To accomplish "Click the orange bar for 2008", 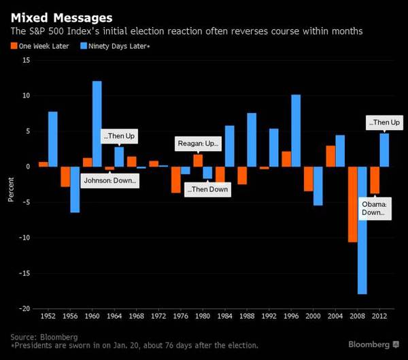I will click(352, 204).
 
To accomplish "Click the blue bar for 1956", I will click(75, 189).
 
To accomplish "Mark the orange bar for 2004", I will click(330, 156).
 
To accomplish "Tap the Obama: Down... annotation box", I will click(373, 208).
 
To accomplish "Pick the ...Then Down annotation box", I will click(207, 189).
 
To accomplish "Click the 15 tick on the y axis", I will click(26, 60).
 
